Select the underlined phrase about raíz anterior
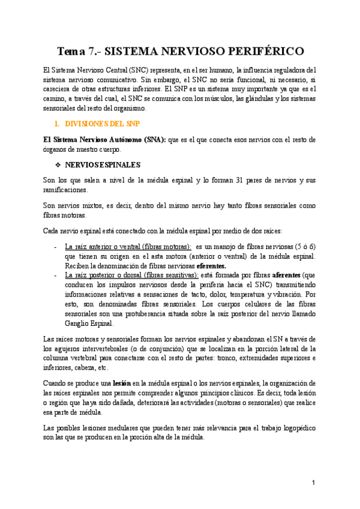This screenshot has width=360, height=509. pos(128,247)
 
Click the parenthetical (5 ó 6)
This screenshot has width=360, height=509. pos(304,247)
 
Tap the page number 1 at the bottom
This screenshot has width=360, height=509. pos(313,483)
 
